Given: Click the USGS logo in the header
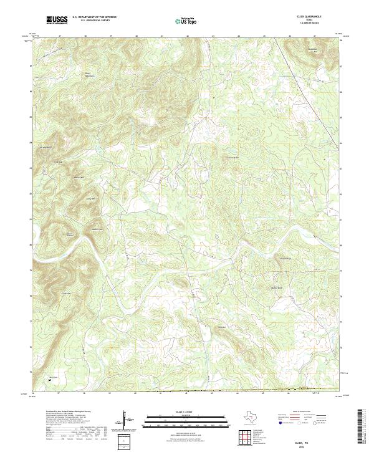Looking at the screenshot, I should [x=57, y=20].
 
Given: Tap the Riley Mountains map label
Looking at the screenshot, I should [x=89, y=75].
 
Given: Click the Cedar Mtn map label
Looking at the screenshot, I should [x=67, y=294].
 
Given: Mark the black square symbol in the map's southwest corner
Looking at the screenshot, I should [x=50, y=378].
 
